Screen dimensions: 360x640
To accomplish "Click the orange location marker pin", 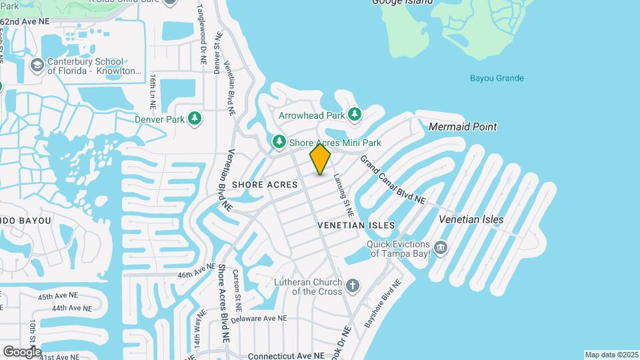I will (320, 159).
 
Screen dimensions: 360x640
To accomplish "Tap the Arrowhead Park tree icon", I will (355, 115).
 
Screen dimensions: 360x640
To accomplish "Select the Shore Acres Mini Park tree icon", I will (279, 142).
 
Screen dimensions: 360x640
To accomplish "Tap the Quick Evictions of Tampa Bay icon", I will (440, 249).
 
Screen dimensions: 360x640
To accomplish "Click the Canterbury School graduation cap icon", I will (37, 65).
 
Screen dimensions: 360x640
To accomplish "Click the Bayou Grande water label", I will (497, 78).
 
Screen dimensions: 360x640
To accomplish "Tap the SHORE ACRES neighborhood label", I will (265, 185).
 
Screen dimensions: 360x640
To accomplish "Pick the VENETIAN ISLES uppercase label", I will (356, 225).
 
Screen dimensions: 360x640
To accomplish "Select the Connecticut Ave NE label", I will (286, 356).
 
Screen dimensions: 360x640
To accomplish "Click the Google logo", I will (22, 351).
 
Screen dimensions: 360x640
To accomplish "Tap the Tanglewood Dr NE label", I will (202, 33).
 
